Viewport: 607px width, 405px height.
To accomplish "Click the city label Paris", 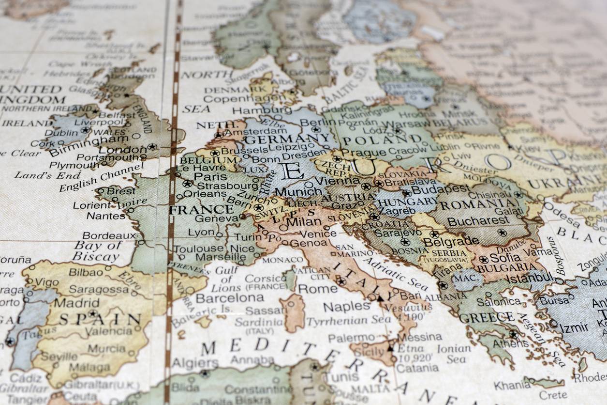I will point(211,176).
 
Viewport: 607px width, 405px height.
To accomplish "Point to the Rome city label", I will point(317,289).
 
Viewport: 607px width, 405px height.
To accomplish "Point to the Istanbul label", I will point(530,278).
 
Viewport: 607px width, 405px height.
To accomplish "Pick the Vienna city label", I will point(331,180).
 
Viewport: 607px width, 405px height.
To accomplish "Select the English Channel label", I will point(102,177).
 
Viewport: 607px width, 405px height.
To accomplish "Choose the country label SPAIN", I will point(100,320).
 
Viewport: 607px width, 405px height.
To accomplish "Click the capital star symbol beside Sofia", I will point(483,259).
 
